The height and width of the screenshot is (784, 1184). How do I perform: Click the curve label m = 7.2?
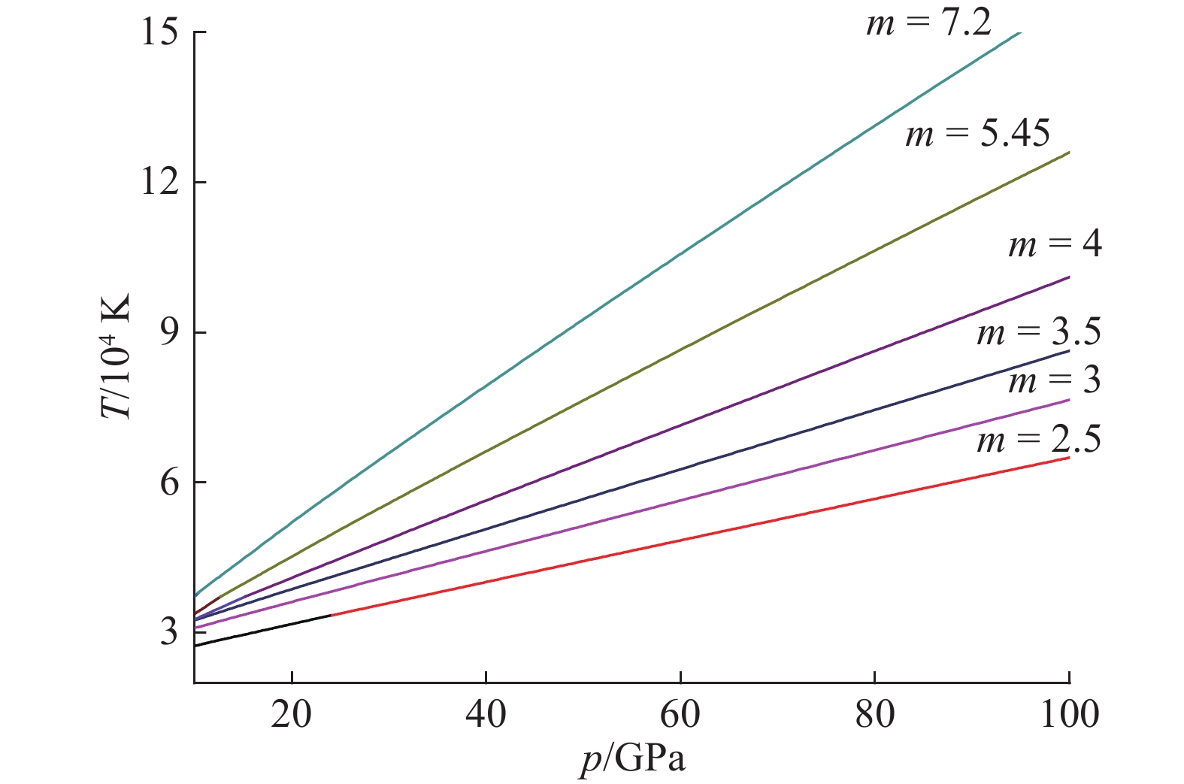[x=928, y=23]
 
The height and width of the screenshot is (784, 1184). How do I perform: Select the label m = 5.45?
[x=977, y=134]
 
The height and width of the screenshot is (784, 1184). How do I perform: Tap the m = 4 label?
[x=1055, y=244]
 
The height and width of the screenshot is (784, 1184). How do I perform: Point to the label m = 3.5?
[x=1039, y=331]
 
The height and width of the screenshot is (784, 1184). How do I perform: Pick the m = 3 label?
[x=1054, y=380]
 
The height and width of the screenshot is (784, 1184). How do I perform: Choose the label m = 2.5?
[x=1039, y=439]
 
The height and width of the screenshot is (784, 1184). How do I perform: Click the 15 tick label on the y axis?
[x=159, y=33]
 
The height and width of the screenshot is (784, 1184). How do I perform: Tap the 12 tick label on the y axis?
[x=159, y=183]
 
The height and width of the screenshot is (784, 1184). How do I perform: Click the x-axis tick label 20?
[x=292, y=713]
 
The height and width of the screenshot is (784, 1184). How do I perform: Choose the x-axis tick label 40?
[x=486, y=713]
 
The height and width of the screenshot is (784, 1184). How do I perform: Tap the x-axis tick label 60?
[x=680, y=713]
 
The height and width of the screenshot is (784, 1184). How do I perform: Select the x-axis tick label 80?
[x=875, y=713]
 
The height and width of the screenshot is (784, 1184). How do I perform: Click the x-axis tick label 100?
[x=1069, y=713]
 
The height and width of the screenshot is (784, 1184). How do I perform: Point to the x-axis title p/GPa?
[x=633, y=759]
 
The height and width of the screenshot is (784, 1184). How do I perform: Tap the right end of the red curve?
[x=1067, y=458]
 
